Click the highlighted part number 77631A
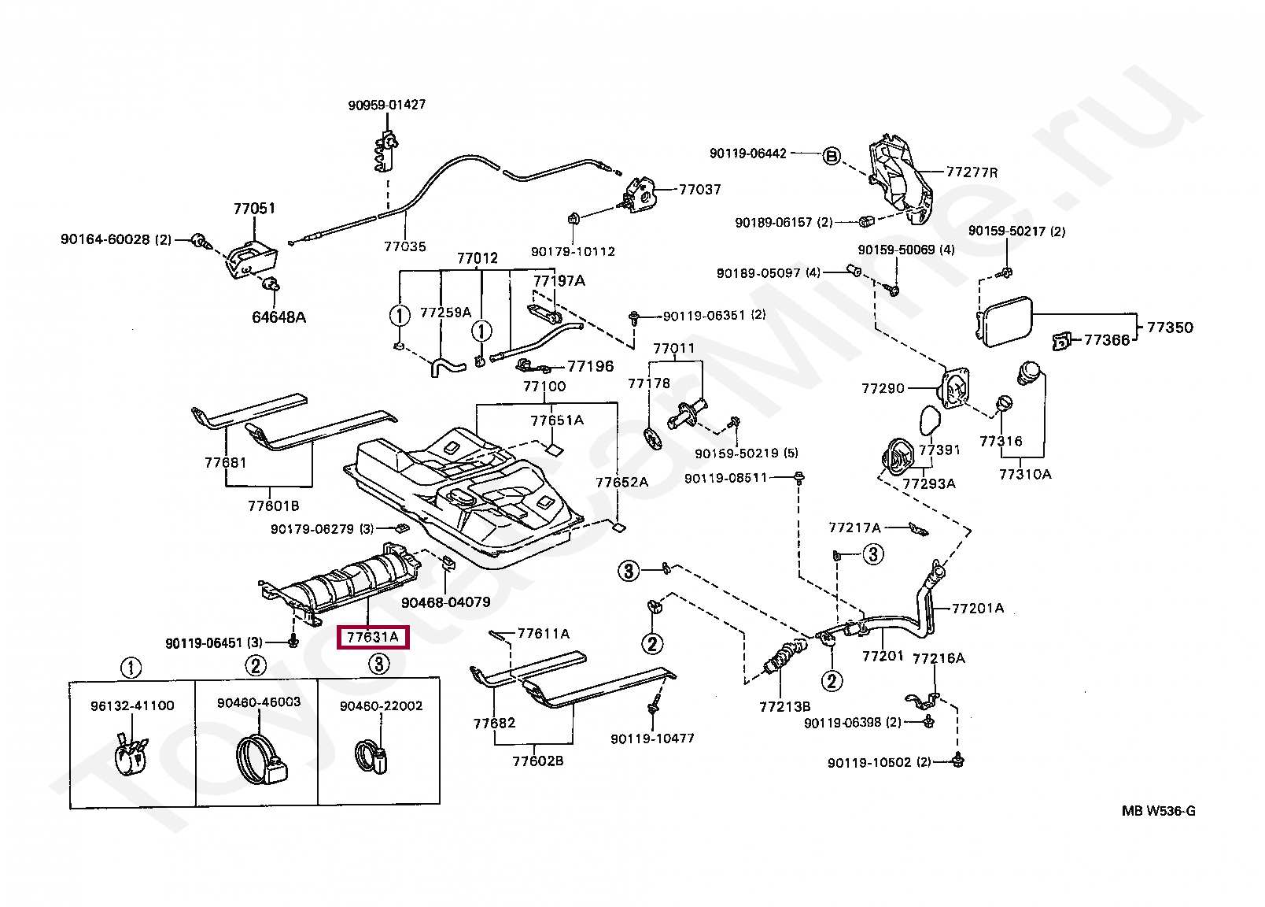(374, 636)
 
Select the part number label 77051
(254, 209)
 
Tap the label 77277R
(972, 172)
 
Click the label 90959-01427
(387, 105)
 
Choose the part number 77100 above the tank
(544, 387)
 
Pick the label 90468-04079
(445, 602)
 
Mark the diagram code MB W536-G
(1158, 812)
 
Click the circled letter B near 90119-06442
(832, 155)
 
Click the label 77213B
(784, 707)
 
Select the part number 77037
(699, 190)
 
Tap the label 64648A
(278, 317)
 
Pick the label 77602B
(537, 761)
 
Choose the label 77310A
(1025, 474)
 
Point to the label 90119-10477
(652, 739)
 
